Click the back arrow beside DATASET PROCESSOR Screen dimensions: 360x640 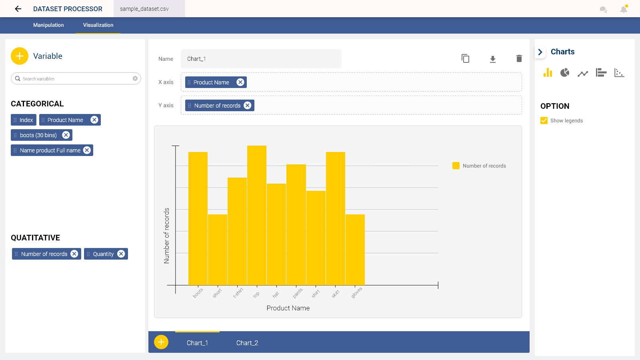[18, 9]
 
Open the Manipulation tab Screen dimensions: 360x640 [48, 25]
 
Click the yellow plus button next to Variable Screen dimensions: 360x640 [20, 56]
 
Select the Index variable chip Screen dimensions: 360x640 [24, 120]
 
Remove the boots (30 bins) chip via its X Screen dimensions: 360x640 [66, 135]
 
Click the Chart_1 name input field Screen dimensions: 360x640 [261, 59]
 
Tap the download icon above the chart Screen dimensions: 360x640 [493, 59]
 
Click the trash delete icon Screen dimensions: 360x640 [519, 59]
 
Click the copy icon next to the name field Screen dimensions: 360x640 [465, 59]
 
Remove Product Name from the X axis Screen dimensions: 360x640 [240, 82]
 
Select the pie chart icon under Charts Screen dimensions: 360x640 [565, 73]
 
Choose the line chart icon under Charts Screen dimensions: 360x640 [583, 73]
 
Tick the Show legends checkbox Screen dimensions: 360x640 [544, 120]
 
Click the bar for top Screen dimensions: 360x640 [257, 216]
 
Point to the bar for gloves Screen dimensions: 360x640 [355, 250]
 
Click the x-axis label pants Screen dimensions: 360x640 [298, 294]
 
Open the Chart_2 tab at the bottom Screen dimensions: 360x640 [247, 343]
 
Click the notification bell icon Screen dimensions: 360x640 [623, 9]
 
